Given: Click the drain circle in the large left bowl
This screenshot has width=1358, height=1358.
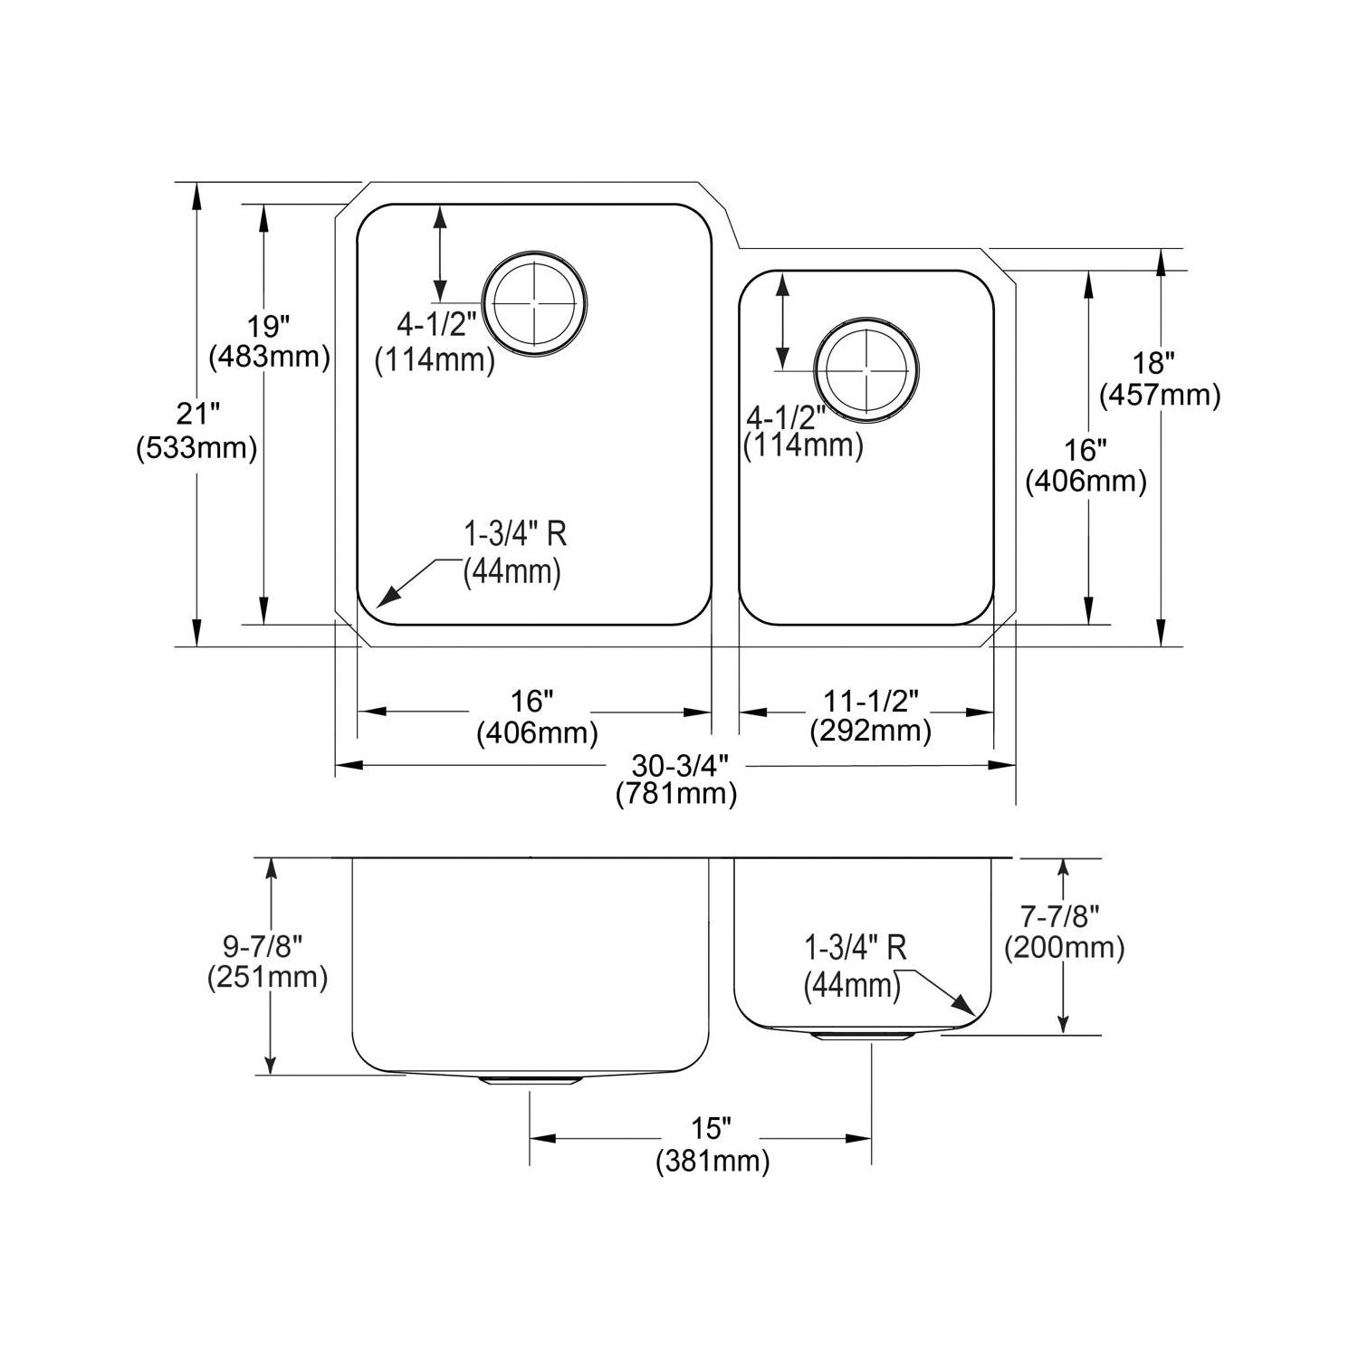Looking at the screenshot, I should pos(535,301).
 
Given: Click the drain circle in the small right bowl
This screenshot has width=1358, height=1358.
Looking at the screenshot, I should pos(867,370).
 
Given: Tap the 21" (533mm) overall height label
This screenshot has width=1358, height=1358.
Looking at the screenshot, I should pos(197,431).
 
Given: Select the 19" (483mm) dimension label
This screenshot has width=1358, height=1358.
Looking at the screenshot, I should pos(269,340).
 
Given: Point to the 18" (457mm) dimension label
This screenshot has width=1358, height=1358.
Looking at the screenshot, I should pos(1160,378).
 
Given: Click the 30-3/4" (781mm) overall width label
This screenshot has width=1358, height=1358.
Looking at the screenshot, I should pos(677,779).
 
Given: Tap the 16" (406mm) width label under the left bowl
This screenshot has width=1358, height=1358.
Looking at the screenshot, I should pos(537,715).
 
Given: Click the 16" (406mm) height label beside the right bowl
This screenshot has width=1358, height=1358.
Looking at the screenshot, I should pos(1085,465).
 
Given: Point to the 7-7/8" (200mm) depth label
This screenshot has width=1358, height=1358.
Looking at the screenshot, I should pos(1064,932).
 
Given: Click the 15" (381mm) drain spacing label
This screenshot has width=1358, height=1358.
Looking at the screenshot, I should pos(712,1144).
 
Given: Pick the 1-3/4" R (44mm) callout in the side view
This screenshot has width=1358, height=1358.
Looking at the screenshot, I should pos(855,966).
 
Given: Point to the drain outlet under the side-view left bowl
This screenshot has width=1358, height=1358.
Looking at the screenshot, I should pos(530,1080).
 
